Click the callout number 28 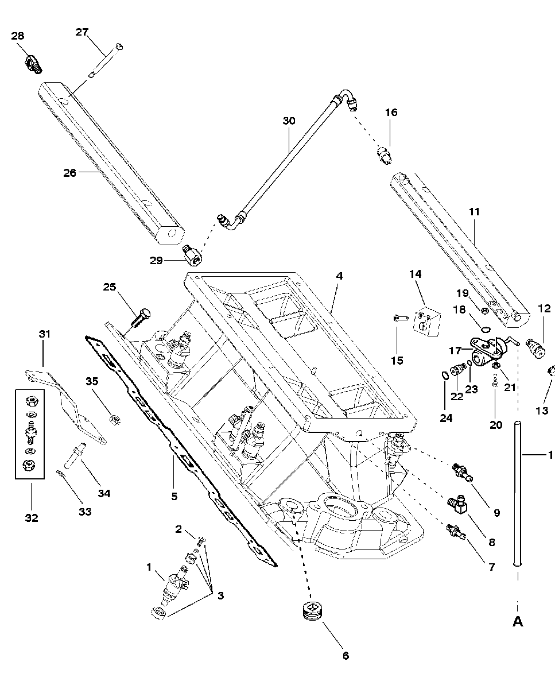[18, 36]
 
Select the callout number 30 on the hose [289, 121]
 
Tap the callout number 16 [391, 113]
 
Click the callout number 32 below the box [32, 518]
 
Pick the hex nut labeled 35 [115, 419]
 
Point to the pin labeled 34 [75, 455]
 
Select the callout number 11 [474, 212]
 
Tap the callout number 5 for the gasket [174, 496]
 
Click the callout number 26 [70, 173]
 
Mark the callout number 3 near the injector [220, 595]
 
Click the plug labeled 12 [535, 348]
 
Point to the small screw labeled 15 [401, 318]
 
